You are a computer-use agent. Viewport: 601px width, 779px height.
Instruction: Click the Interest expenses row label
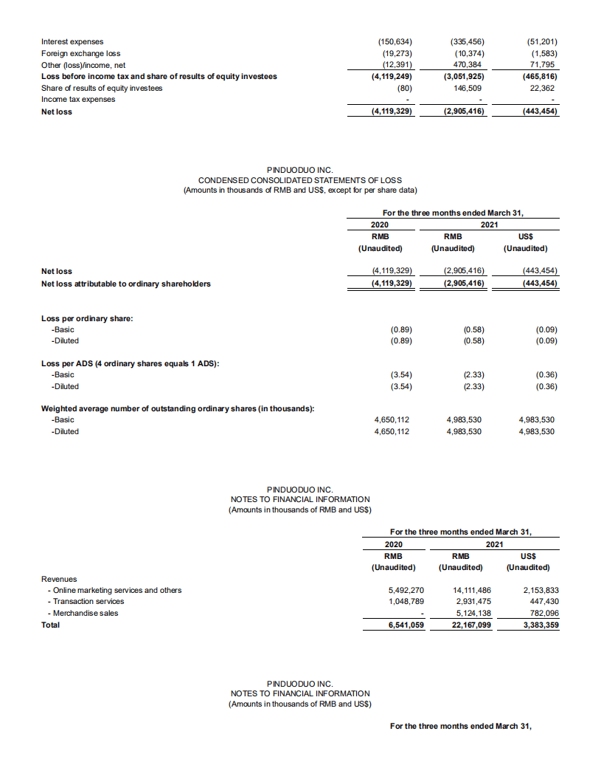click(72, 41)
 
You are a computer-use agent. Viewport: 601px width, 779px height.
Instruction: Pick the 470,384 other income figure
click(466, 65)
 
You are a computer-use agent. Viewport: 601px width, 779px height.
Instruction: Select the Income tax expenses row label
click(78, 99)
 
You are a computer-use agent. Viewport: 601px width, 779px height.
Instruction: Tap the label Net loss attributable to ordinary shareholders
click(126, 284)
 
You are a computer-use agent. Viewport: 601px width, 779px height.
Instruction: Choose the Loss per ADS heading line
click(133, 363)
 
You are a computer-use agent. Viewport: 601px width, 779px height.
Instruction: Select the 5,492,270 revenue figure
click(406, 590)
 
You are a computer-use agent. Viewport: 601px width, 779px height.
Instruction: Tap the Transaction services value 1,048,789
click(406, 601)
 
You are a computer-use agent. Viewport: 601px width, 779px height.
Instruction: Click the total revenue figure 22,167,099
click(470, 625)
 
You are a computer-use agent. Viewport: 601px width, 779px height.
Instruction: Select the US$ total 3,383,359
click(541, 625)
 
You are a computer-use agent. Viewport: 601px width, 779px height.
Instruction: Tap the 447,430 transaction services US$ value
click(543, 601)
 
